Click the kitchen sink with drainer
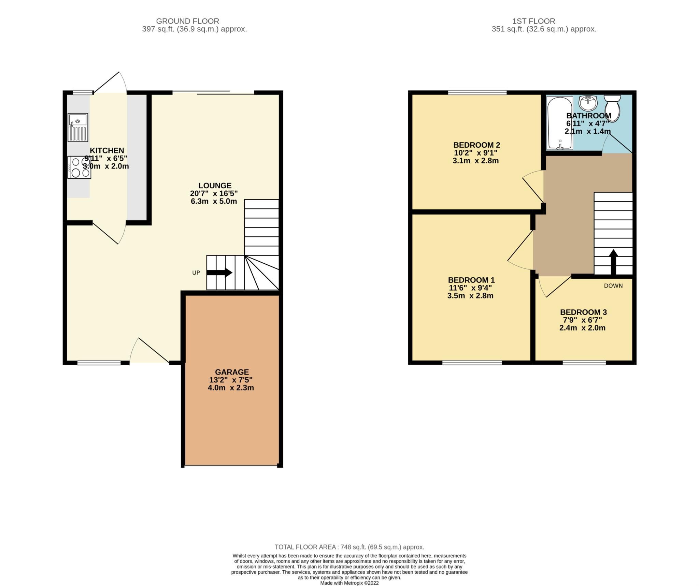[78, 127]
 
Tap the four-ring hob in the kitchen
[79, 167]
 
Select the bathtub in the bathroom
[560, 123]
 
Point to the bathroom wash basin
[588, 102]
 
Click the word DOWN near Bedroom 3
[613, 286]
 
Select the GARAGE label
[232, 372]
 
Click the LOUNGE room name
[215, 186]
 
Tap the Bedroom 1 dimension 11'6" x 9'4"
[470, 288]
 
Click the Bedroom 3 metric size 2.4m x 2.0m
[582, 328]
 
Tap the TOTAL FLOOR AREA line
[349, 547]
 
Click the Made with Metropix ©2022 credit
[349, 583]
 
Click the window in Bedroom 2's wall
[477, 92]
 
